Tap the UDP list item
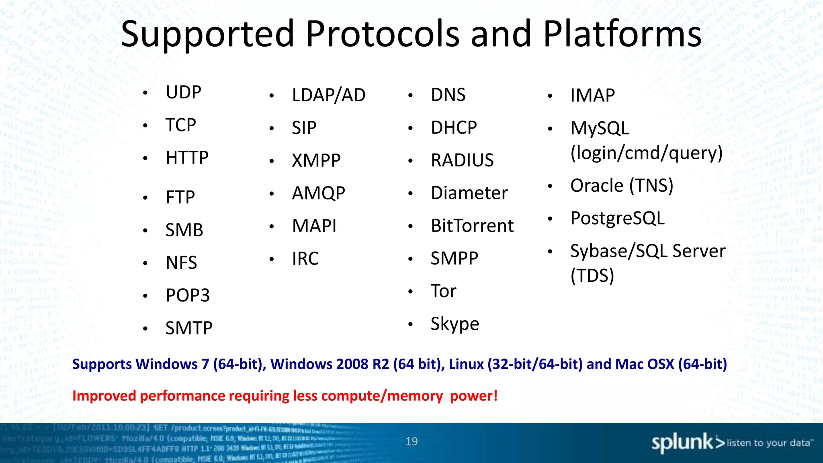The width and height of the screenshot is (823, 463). click(183, 92)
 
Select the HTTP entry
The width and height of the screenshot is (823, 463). click(187, 158)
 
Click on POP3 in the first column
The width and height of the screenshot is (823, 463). click(188, 295)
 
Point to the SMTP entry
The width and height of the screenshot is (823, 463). click(189, 328)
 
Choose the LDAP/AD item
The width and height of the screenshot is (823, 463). click(328, 95)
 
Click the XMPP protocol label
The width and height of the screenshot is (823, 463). click(316, 160)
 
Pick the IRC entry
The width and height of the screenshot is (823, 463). click(305, 258)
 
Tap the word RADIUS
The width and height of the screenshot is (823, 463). click(462, 160)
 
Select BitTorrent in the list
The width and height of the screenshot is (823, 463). click(472, 225)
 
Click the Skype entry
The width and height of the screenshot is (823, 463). click(454, 324)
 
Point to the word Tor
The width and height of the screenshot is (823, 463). click(443, 291)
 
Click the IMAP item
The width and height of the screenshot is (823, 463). click(592, 96)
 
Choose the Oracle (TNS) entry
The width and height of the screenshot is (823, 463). click(621, 186)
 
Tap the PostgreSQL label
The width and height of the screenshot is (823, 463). click(617, 218)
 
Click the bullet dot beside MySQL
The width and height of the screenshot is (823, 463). click(550, 129)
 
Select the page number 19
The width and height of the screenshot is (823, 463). click(411, 441)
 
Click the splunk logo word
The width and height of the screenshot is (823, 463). click(682, 443)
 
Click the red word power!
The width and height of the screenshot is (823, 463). click(474, 396)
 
